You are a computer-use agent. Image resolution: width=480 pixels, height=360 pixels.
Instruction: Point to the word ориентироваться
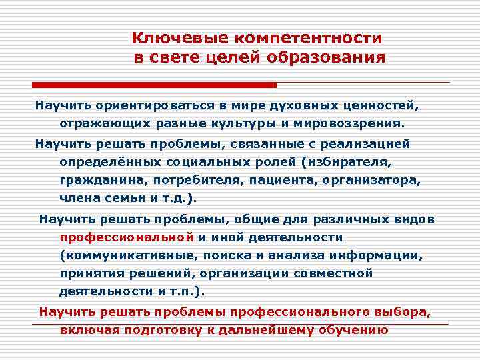point(151,105)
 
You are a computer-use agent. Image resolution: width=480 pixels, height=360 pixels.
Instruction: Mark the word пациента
point(288,180)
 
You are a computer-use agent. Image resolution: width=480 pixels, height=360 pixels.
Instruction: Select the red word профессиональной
point(127,237)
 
